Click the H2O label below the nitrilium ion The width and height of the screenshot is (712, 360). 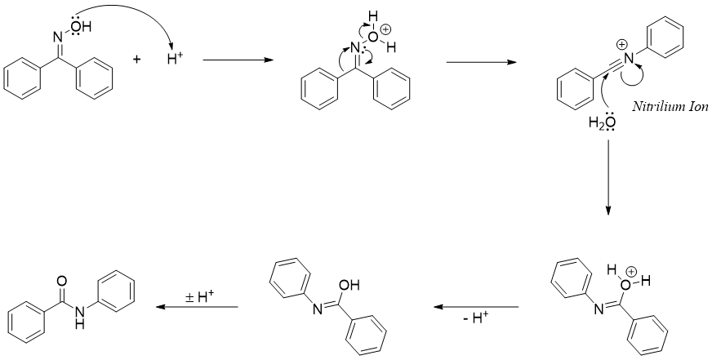602,122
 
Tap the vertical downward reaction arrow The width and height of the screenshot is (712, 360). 608,176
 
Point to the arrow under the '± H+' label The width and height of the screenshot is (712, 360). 197,307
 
